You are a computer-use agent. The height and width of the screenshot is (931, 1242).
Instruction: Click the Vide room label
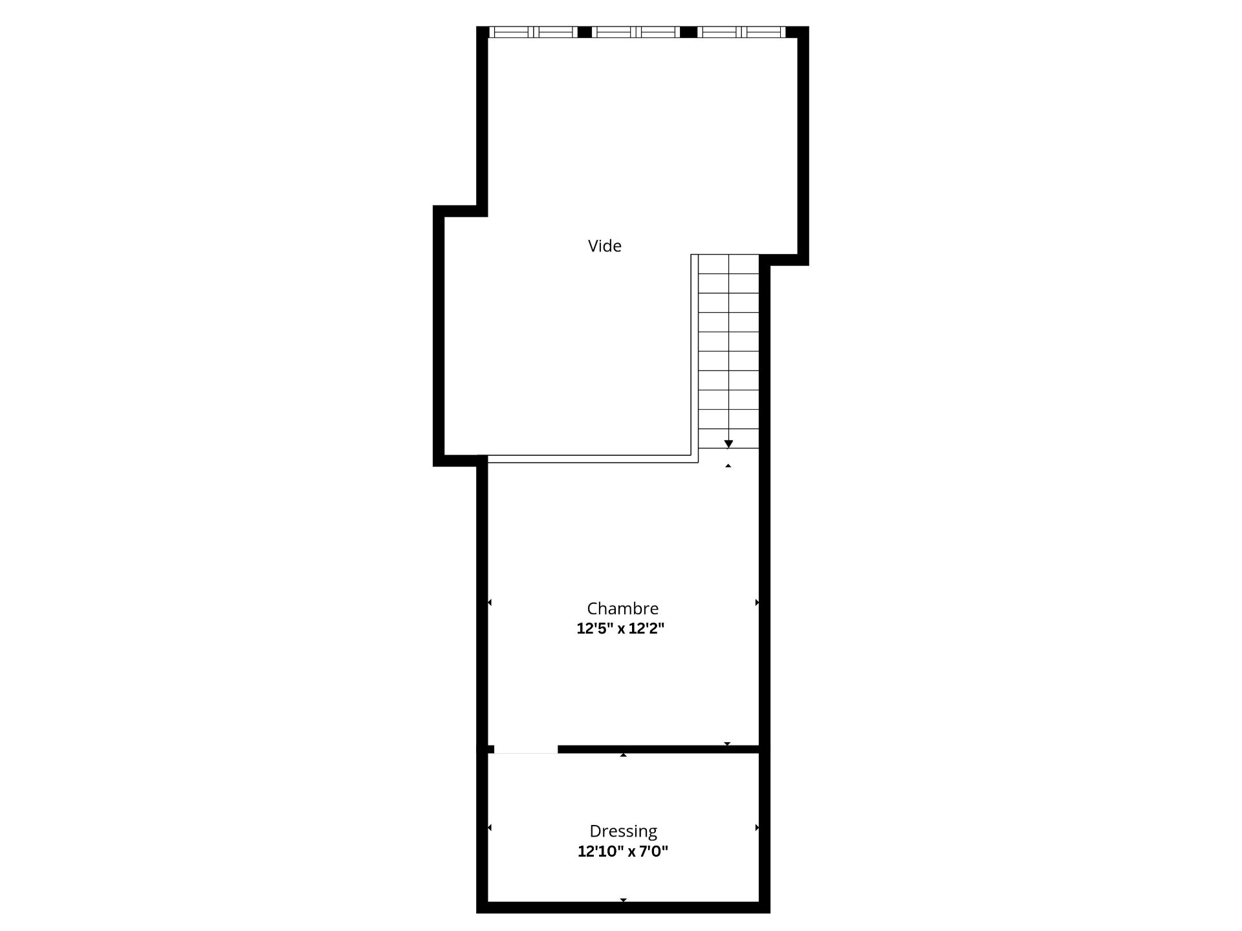coord(604,246)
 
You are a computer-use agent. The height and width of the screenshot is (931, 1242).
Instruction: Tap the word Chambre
coord(622,608)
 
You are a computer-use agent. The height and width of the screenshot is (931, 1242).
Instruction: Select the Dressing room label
coord(623,831)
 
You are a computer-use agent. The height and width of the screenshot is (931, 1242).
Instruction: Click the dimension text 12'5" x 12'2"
coord(620,628)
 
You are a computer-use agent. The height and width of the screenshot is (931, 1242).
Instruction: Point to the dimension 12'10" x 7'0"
coord(622,851)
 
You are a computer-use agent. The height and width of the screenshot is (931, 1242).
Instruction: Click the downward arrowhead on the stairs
coord(728,444)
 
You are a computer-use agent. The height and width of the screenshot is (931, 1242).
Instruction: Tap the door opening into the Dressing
coord(525,749)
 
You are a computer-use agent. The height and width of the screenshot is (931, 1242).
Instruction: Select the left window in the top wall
coord(532,32)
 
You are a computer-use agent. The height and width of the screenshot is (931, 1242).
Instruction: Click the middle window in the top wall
coord(636,32)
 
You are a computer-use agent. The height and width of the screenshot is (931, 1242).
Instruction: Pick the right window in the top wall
coord(741,32)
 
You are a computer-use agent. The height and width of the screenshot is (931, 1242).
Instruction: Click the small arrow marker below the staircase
coord(728,465)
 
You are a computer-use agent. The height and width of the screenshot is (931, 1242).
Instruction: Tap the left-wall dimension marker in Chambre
coord(490,603)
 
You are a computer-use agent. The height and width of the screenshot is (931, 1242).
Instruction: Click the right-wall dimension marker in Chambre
coord(757,603)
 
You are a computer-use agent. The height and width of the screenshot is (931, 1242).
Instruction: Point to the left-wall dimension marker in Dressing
coord(490,828)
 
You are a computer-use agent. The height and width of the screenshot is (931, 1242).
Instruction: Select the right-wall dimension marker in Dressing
coord(757,828)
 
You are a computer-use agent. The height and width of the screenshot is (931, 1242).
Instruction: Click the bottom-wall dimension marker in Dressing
coord(623,899)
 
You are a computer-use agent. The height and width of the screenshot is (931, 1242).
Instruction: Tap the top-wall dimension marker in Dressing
coord(623,755)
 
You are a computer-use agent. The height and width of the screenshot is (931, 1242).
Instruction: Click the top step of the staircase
coord(728,264)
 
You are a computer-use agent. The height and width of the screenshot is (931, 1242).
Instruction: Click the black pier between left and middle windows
coord(584,32)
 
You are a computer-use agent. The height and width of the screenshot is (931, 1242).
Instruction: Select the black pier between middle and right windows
coord(688,32)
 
